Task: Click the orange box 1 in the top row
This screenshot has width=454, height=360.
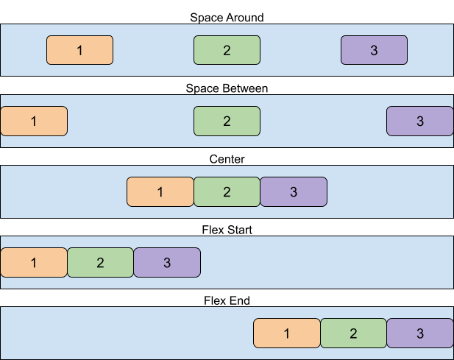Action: click(79, 50)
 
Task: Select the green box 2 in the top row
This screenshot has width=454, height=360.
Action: click(227, 50)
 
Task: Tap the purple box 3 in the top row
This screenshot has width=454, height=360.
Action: click(374, 50)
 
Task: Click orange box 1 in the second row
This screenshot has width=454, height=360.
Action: click(34, 121)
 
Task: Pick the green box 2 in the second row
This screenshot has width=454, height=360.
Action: click(227, 121)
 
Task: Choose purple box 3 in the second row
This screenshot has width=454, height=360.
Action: click(420, 121)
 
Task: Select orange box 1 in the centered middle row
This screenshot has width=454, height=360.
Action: click(160, 192)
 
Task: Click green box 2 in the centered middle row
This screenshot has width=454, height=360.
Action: click(227, 192)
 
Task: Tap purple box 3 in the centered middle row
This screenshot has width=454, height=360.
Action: click(294, 192)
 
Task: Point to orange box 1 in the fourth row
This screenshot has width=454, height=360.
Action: click(34, 263)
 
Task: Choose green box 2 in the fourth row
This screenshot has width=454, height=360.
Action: click(100, 263)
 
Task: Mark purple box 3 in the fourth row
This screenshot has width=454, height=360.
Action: click(167, 263)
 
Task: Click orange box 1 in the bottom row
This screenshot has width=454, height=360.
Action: click(287, 333)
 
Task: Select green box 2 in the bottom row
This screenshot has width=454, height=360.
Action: click(353, 333)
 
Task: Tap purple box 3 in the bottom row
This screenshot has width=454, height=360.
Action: click(420, 333)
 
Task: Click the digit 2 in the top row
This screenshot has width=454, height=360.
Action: click(227, 50)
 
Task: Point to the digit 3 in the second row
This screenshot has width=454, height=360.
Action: click(420, 121)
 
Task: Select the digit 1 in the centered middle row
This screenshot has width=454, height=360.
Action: click(160, 192)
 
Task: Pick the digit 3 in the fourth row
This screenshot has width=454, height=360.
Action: click(167, 263)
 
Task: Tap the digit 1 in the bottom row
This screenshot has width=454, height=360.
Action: click(287, 333)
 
